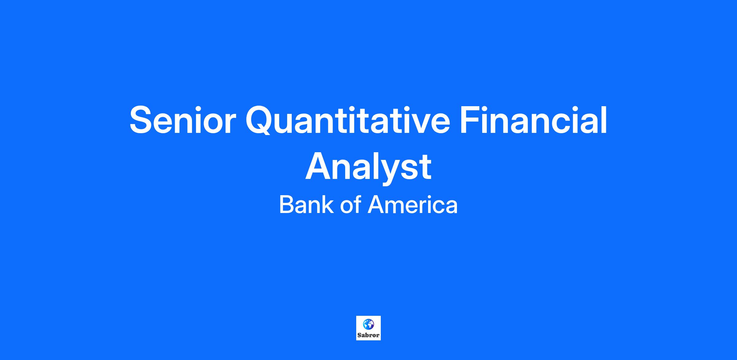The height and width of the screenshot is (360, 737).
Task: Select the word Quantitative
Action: [348, 120]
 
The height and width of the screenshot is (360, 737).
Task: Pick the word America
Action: [413, 205]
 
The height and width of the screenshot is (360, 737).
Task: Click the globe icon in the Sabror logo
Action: [368, 324]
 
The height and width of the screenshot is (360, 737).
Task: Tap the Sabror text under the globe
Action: [368, 335]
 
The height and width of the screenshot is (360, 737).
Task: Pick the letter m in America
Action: [396, 207]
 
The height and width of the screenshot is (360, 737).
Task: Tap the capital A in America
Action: [376, 205]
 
